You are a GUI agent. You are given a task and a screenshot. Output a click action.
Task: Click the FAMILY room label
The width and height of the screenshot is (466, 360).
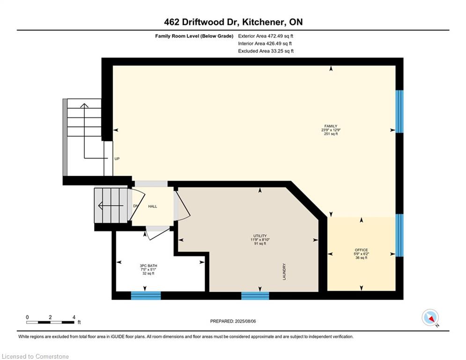[x=331, y=126]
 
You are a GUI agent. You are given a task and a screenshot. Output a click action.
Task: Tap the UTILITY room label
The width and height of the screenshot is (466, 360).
[x=260, y=236]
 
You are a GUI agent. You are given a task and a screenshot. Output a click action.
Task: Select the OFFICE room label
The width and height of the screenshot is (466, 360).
[x=362, y=250]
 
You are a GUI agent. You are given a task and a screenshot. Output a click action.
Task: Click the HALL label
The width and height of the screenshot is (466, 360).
[x=153, y=206]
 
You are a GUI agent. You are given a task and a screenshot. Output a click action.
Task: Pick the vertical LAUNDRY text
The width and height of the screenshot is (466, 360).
[x=284, y=271]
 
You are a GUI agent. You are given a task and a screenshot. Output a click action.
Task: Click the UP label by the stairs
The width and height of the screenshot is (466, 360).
[x=117, y=158]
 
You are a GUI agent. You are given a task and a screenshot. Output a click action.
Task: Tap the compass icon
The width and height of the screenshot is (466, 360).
[x=430, y=317]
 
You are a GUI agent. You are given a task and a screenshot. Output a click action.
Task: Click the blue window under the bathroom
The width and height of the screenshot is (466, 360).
[x=146, y=295]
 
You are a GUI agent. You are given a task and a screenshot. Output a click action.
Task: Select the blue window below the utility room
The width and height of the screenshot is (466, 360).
[x=255, y=295]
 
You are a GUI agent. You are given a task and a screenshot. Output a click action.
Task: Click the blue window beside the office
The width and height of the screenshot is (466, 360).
[x=399, y=235]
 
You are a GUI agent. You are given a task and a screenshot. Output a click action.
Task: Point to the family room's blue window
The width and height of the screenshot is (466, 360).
[x=399, y=111]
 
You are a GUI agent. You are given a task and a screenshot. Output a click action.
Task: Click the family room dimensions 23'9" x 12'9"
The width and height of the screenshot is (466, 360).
[x=331, y=130]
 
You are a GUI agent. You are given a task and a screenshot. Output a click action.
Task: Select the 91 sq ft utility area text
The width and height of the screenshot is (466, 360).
[x=260, y=244]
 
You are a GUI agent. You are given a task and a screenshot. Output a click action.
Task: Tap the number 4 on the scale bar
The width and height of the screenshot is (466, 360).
[x=74, y=317]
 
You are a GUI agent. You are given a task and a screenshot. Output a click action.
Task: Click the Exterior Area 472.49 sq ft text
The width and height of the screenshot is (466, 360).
[x=266, y=36]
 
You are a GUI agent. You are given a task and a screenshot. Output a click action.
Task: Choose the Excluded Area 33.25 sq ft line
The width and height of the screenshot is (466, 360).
[x=266, y=51]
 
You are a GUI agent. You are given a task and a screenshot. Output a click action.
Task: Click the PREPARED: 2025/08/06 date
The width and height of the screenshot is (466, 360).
[x=233, y=321]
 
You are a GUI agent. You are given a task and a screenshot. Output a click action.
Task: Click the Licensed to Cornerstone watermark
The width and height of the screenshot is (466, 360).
[x=35, y=356]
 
